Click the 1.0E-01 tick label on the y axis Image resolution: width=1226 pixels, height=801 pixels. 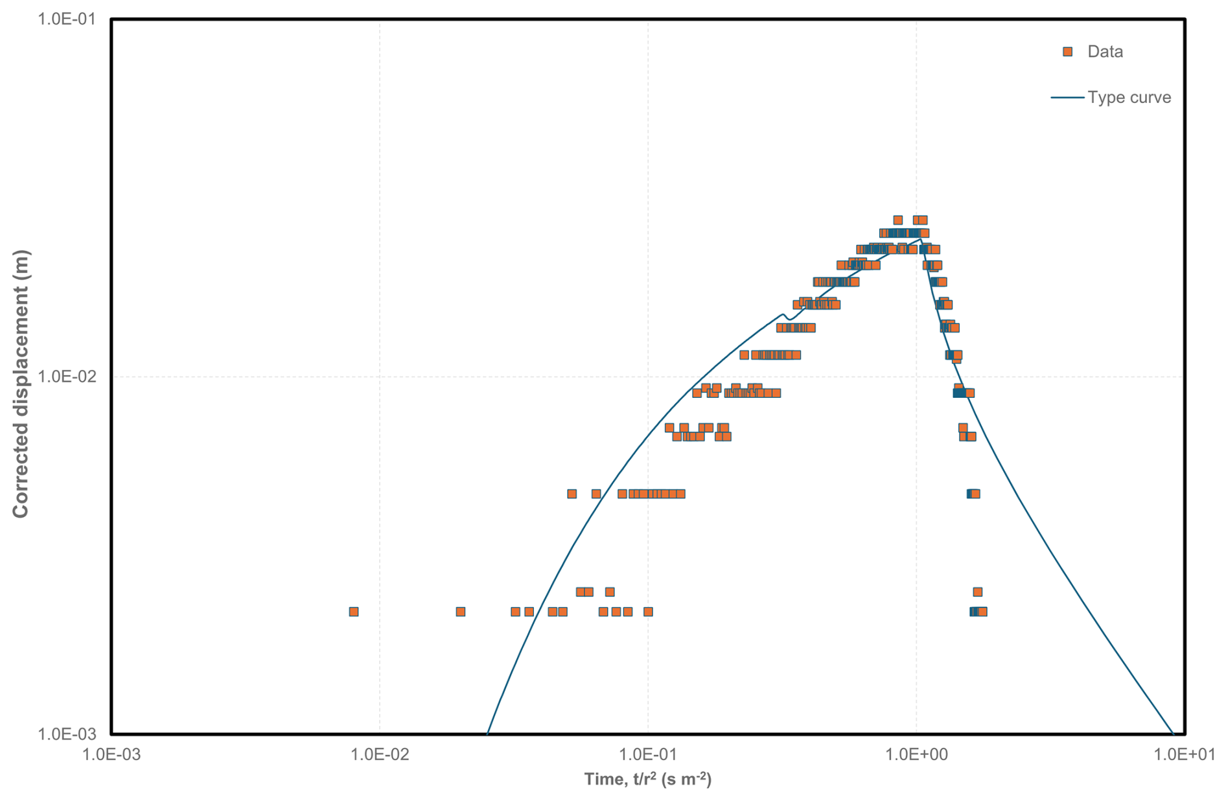(x=67, y=19)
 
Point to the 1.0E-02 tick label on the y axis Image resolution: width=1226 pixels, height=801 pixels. (x=67, y=376)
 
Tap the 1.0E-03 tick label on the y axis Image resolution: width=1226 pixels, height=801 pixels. (x=67, y=734)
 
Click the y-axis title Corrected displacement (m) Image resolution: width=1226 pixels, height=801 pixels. (x=21, y=384)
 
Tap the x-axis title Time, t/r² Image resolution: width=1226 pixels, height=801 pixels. (x=647, y=778)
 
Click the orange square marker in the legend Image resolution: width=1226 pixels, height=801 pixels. (x=1067, y=52)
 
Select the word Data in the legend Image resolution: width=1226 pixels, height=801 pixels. (x=1105, y=52)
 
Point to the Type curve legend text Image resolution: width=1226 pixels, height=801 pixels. (x=1129, y=97)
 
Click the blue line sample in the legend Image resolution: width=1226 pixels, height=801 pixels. (x=1067, y=97)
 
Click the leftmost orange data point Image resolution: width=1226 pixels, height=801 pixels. (x=353, y=611)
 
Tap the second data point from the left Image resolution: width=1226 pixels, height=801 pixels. (x=460, y=611)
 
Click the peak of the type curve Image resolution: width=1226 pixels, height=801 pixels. (x=921, y=239)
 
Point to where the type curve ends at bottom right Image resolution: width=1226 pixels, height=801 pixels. (x=1173, y=733)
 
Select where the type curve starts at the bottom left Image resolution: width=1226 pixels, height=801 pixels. (x=487, y=733)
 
